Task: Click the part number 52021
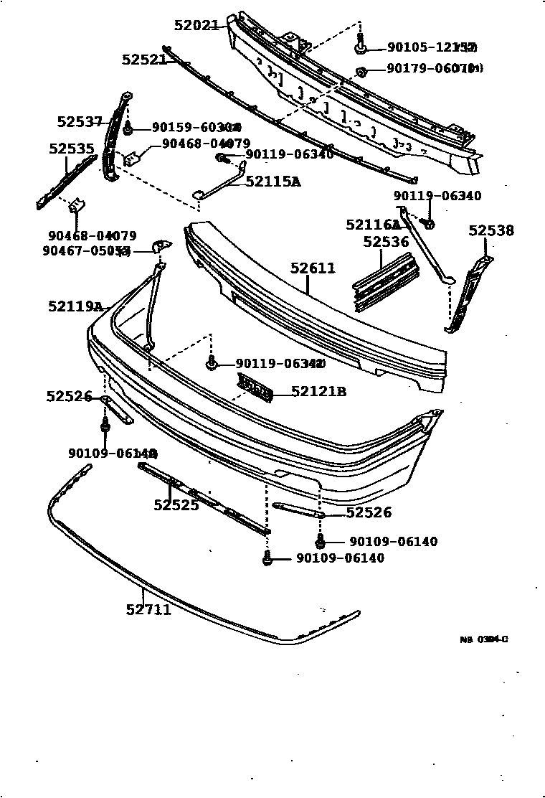pos(196,25)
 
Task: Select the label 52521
pos(143,60)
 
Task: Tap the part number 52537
pos(80,122)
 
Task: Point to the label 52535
pos(72,149)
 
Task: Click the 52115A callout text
pos(272,182)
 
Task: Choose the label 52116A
pos(373,225)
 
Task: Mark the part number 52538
pos(491,230)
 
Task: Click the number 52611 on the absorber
pos(313,268)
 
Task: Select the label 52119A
pos(76,306)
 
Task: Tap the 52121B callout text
pos(319,391)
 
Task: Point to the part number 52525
pos(176,505)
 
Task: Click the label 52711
pos(148,610)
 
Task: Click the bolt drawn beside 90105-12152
pos(360,47)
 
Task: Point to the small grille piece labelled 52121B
pos(255,388)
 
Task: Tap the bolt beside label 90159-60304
pos(127,128)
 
